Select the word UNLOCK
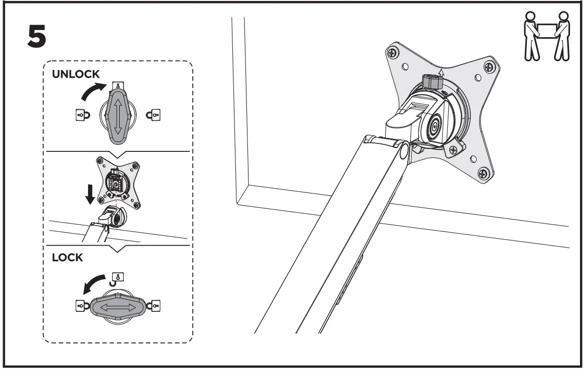click(x=76, y=74)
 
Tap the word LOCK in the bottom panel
click(x=68, y=258)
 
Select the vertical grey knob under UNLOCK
click(x=118, y=114)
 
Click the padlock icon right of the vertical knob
click(x=151, y=115)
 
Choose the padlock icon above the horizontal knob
click(x=119, y=277)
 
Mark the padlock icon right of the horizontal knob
click(x=155, y=305)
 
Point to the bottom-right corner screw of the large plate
click(x=483, y=174)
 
